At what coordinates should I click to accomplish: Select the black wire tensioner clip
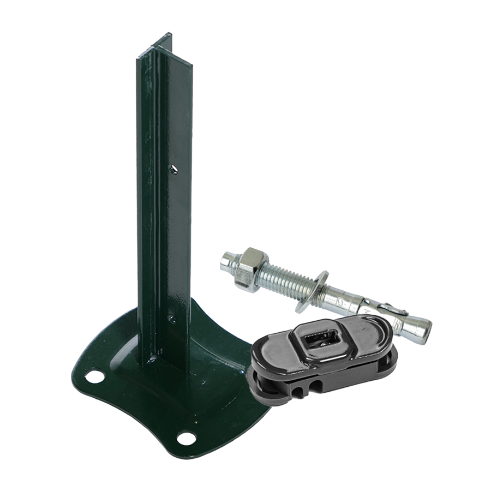pyautogui.click(x=316, y=355)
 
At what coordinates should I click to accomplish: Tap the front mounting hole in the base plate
pyautogui.click(x=187, y=436)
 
